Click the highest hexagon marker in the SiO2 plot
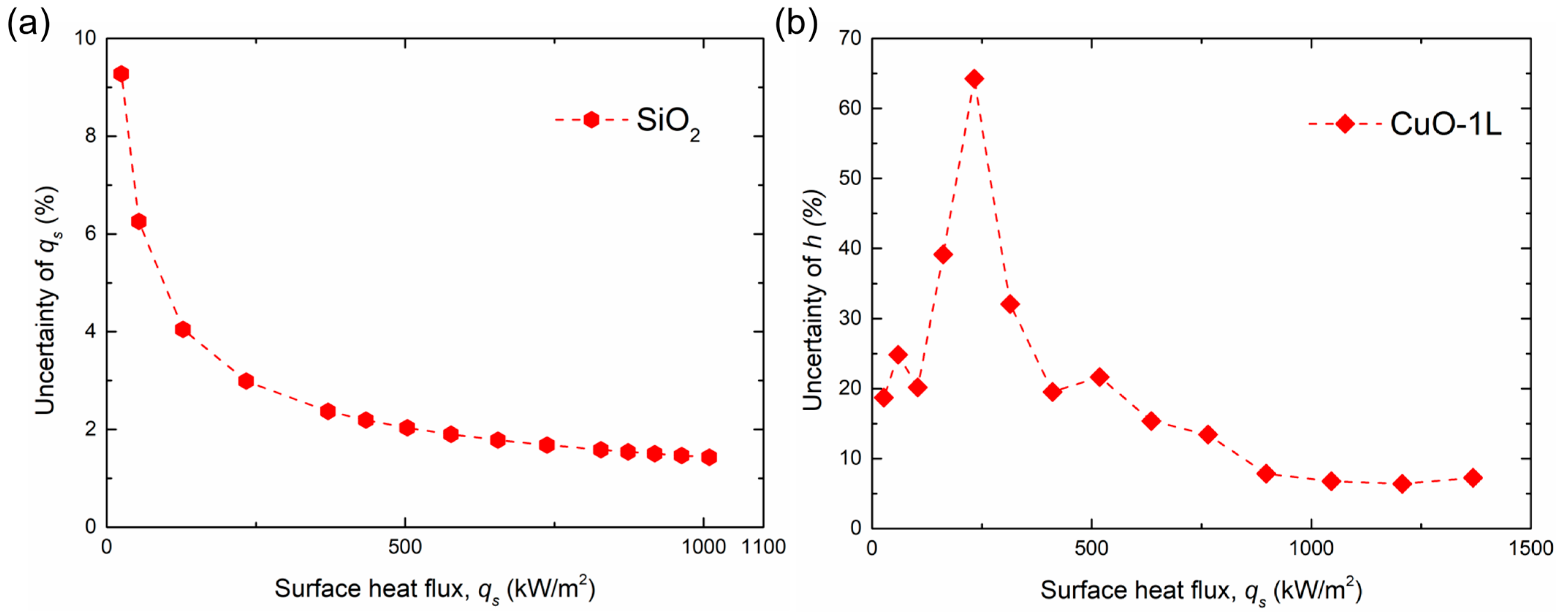point(121,74)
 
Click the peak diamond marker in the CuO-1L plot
point(974,79)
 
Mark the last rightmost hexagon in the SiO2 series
point(709,457)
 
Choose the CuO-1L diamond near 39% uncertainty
point(943,254)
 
